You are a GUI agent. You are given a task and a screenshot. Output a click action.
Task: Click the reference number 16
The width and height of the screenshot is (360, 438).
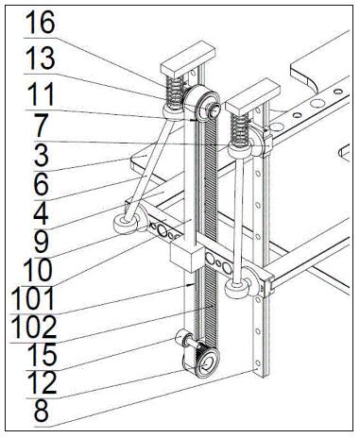coord(41,22)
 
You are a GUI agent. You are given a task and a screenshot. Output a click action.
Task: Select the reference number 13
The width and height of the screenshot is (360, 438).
coord(40,59)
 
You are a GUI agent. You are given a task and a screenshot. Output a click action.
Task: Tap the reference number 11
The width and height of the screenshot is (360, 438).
coord(41,94)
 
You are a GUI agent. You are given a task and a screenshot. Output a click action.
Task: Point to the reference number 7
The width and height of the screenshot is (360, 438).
coord(42,126)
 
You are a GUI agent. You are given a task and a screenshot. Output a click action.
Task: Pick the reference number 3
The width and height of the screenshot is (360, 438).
coord(42,155)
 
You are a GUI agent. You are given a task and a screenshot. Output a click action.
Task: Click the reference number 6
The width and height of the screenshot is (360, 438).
coord(42,184)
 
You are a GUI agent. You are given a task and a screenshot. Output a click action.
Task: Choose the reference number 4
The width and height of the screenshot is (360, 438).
coord(41,212)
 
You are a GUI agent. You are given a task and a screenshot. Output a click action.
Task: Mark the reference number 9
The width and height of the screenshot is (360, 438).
coord(42,242)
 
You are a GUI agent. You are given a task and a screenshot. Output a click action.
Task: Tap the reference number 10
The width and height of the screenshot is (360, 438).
coord(38,270)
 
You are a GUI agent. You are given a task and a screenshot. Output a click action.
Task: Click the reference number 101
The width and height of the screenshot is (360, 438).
coord(32,298)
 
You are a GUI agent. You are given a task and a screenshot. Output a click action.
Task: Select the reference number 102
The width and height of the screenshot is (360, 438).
coord(33,328)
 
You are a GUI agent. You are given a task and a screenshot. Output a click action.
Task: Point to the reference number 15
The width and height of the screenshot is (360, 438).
coord(42,355)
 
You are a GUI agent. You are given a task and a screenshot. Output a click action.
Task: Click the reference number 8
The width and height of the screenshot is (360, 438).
coord(42,411)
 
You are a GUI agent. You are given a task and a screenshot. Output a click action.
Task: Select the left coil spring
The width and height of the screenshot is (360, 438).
coord(174,91)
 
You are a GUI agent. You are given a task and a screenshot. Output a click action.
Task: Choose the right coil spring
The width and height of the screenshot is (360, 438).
coord(240,128)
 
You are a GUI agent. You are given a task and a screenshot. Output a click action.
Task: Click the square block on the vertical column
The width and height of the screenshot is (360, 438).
coord(187,256)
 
